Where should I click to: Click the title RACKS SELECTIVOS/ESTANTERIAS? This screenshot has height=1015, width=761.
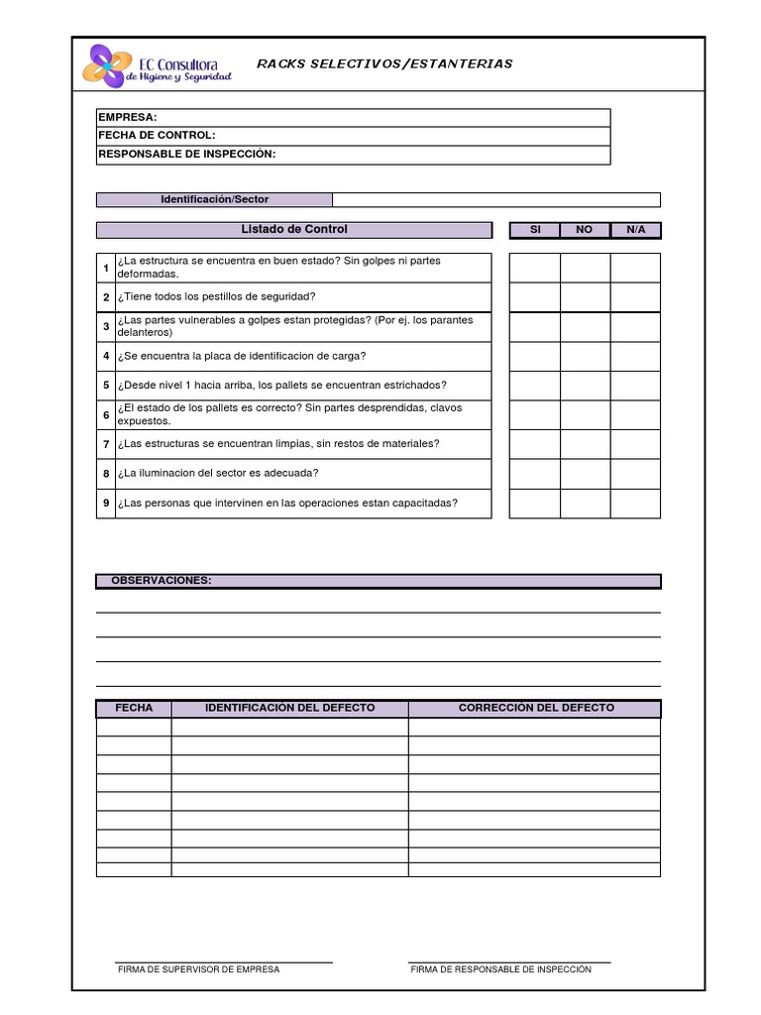click(x=384, y=63)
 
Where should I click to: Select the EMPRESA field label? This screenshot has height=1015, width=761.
click(x=127, y=118)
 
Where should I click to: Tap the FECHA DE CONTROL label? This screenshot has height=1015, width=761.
click(x=157, y=136)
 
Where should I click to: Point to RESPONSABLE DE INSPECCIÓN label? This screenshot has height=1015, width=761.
click(x=186, y=154)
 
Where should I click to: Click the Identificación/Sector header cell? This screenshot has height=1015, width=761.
click(x=214, y=199)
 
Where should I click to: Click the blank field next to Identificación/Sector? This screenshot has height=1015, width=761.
click(x=495, y=199)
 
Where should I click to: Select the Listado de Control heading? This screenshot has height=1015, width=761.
click(x=294, y=230)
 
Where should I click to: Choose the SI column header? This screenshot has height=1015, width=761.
click(x=535, y=230)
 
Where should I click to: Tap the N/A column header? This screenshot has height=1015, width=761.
click(x=635, y=230)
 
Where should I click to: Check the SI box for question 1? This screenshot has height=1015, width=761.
click(x=535, y=268)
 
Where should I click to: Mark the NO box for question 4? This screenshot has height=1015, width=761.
click(x=585, y=356)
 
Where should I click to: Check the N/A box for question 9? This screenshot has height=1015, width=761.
click(x=635, y=504)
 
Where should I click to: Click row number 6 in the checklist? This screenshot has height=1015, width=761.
click(x=106, y=415)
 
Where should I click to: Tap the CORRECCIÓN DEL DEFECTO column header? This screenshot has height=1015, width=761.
click(x=535, y=708)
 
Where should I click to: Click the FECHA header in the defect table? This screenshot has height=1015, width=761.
click(x=134, y=708)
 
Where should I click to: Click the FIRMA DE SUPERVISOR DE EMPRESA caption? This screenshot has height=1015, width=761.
click(x=198, y=969)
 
